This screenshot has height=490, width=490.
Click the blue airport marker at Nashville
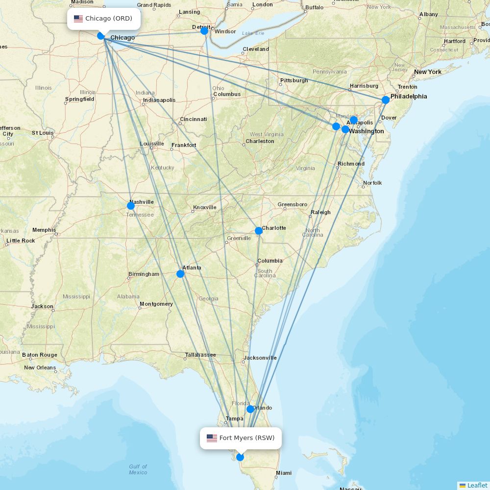131,206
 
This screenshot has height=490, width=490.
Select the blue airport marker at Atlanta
180,273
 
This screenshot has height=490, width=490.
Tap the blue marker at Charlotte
258,231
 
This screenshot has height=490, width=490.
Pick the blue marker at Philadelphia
386,100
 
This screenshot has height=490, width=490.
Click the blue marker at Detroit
204,31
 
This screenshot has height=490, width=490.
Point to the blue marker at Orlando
250,409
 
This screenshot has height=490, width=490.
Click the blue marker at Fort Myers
240,457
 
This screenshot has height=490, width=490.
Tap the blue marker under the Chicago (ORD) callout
101,36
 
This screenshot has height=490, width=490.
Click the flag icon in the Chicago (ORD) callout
78,19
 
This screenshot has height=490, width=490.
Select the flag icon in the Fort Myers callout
212,438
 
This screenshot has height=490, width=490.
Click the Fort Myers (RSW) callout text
247,438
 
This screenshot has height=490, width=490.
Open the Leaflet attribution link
477,485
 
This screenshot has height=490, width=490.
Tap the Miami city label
283,473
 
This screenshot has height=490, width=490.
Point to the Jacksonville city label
260,358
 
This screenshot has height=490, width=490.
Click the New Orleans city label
40,367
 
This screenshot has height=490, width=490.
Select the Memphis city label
44,230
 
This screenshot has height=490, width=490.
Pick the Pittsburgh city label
294,80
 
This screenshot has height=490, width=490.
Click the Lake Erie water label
253,33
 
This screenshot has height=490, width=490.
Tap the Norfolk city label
372,183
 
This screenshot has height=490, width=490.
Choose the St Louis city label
43,133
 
